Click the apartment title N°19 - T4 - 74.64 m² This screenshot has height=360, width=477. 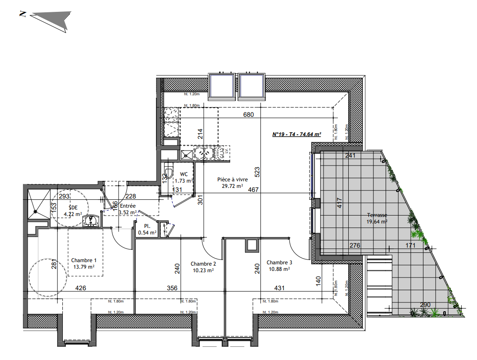(296, 135)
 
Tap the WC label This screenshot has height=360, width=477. (184, 174)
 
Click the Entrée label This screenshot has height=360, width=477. (128, 206)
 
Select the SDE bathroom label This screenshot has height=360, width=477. (72, 207)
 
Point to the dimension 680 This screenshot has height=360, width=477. (249, 115)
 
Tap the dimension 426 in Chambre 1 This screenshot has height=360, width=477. (80, 288)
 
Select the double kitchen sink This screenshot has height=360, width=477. (203, 153)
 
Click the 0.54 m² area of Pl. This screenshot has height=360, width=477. (147, 233)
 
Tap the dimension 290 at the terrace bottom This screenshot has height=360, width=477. (424, 305)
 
